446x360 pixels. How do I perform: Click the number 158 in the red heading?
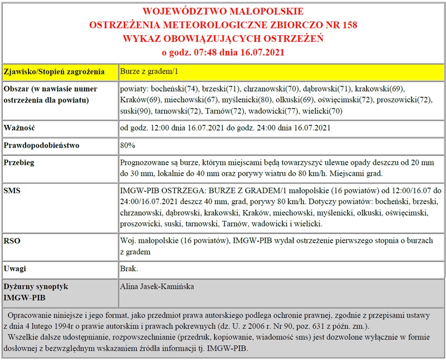tap(349, 25)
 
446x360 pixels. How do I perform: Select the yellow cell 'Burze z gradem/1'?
tap(149, 72)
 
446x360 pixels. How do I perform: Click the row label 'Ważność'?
tap(20, 128)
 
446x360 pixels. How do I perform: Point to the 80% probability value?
tap(128, 145)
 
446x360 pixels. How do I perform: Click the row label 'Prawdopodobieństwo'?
tap(41, 145)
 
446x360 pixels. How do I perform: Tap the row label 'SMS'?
tap(12, 190)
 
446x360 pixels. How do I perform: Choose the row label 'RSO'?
tap(12, 241)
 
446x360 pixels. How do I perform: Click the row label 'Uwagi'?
tap(15, 269)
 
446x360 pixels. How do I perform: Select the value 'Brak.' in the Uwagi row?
tap(129, 269)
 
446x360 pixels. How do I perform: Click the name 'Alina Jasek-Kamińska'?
tap(157, 286)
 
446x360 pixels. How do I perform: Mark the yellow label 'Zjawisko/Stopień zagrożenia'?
tap(54, 72)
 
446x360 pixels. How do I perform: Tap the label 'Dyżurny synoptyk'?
tap(36, 286)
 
